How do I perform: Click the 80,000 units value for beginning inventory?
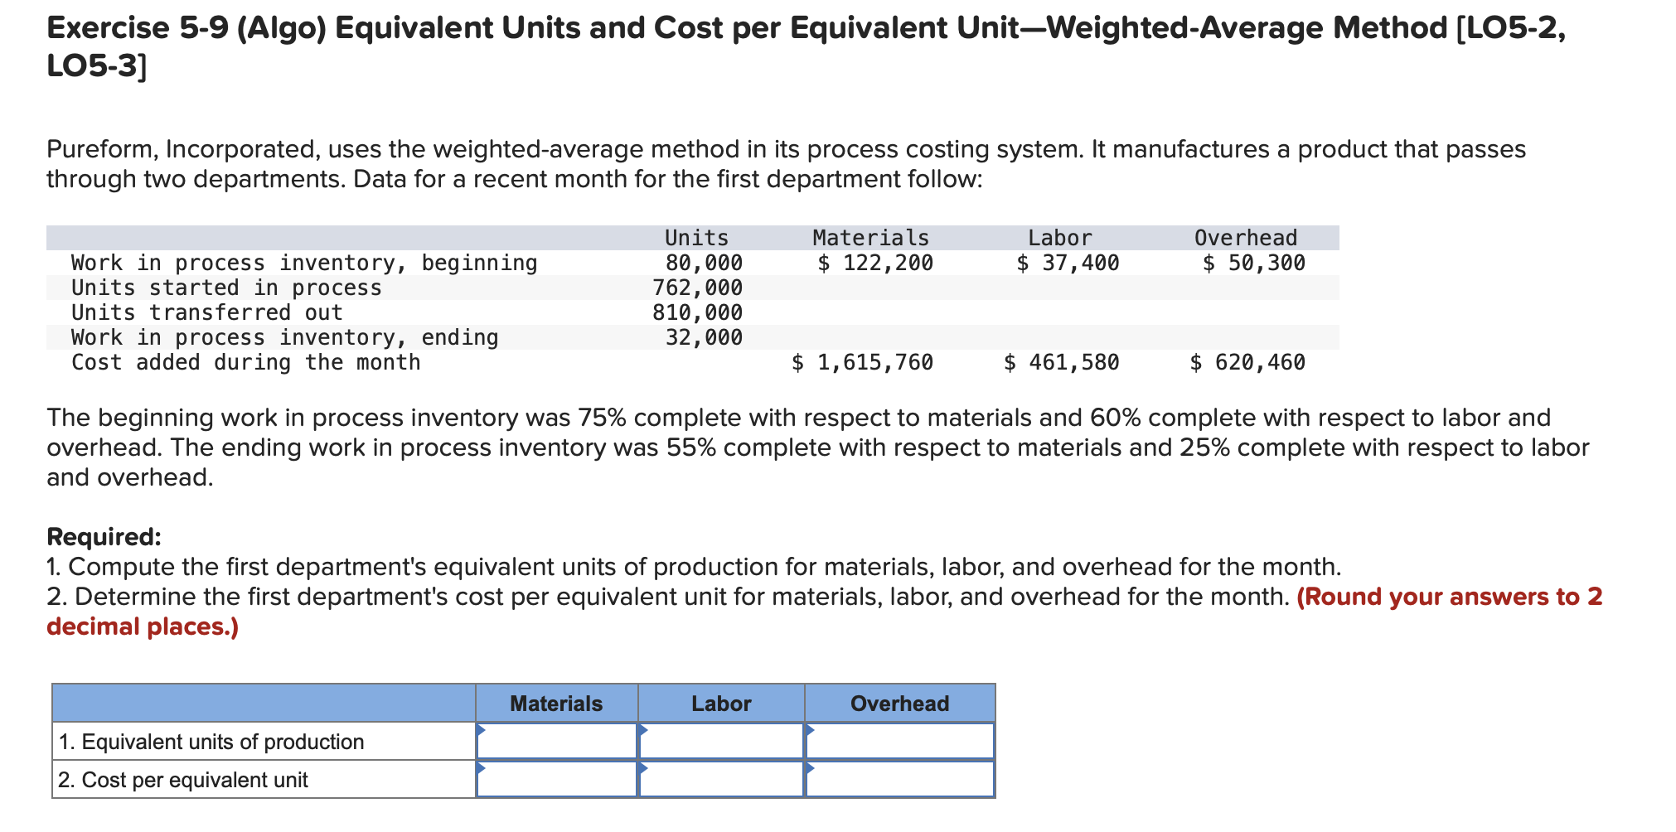coord(704,263)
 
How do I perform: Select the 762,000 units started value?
coord(697,288)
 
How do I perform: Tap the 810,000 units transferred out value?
coord(697,312)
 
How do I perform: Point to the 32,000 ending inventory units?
coord(704,337)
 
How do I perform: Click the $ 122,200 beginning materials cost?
coord(874,263)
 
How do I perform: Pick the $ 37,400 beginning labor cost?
coord(1068,263)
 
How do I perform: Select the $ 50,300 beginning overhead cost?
coord(1253,263)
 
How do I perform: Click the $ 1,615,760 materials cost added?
coord(862,362)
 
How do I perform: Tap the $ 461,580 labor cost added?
coord(1061,362)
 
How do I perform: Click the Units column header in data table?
coord(696,238)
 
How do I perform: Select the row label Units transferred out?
coord(206,312)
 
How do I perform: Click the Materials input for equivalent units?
coord(556,741)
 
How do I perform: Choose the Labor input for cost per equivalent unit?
coord(721,779)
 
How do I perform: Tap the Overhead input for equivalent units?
coord(899,741)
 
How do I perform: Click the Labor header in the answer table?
coord(721,704)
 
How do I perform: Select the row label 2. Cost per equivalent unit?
coord(183,780)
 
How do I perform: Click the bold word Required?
coord(104,537)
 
